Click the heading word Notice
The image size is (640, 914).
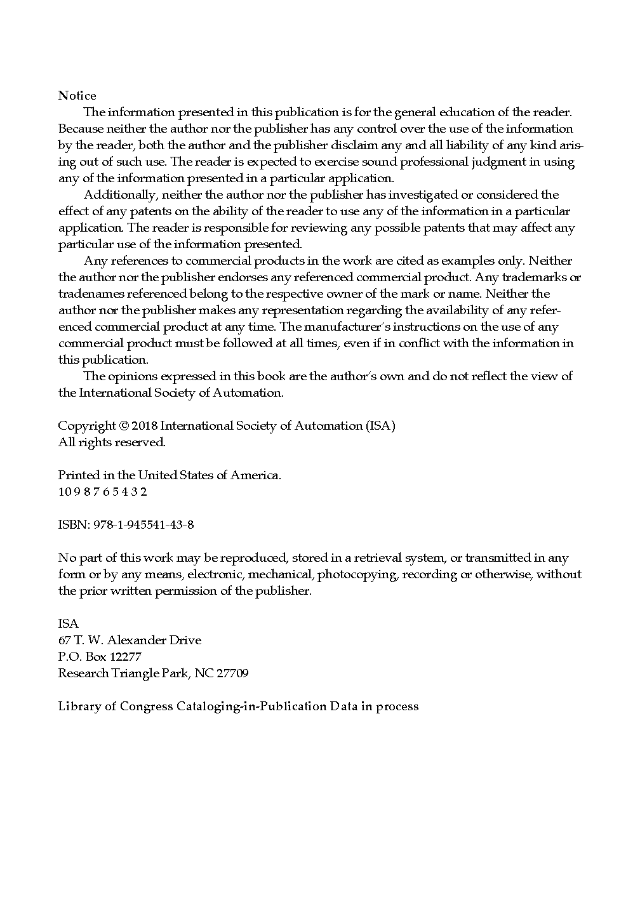77,96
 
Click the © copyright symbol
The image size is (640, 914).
124,426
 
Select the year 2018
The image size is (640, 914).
145,426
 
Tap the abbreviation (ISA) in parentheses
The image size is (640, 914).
380,426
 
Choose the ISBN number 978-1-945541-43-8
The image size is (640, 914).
143,525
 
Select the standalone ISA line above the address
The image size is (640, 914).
69,624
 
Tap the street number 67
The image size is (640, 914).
65,640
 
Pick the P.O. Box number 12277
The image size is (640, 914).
126,657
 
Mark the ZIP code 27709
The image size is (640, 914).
232,673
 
